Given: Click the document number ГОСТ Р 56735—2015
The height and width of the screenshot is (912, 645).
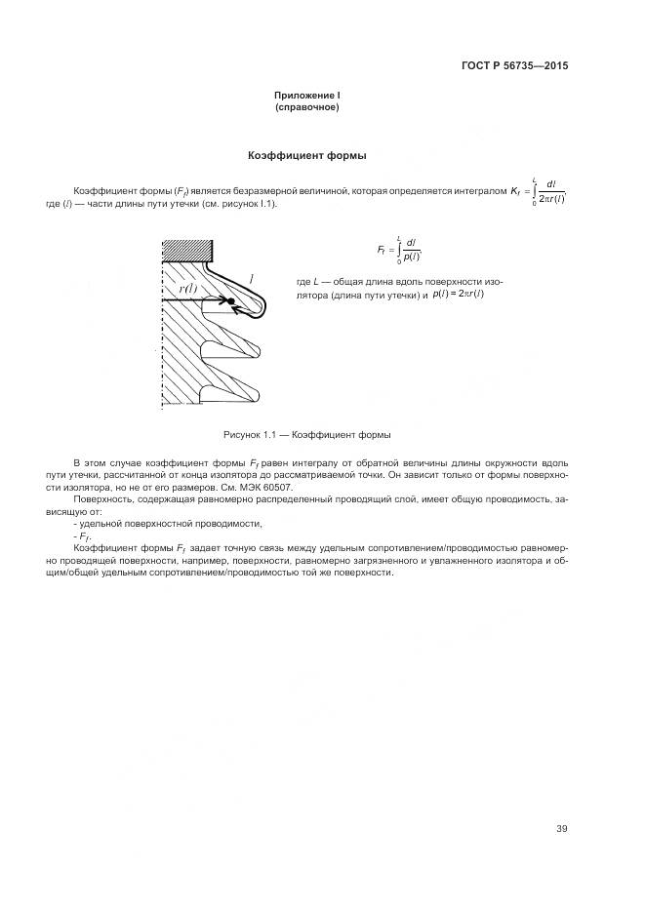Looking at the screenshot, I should coord(515,66).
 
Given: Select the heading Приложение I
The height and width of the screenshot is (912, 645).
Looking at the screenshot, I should coord(306,96).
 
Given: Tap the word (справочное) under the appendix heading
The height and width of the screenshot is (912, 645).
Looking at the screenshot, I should coord(306,107).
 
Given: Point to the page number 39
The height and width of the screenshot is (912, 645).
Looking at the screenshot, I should coord(561,829).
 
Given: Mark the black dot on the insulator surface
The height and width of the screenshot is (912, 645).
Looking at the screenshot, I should coord(232,301).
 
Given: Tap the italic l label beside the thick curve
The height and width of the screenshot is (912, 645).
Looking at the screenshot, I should coord(253,279).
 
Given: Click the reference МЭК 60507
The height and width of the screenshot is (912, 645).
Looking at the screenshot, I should coord(266,487).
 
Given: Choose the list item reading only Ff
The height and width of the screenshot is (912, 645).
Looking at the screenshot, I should coord(81,536).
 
